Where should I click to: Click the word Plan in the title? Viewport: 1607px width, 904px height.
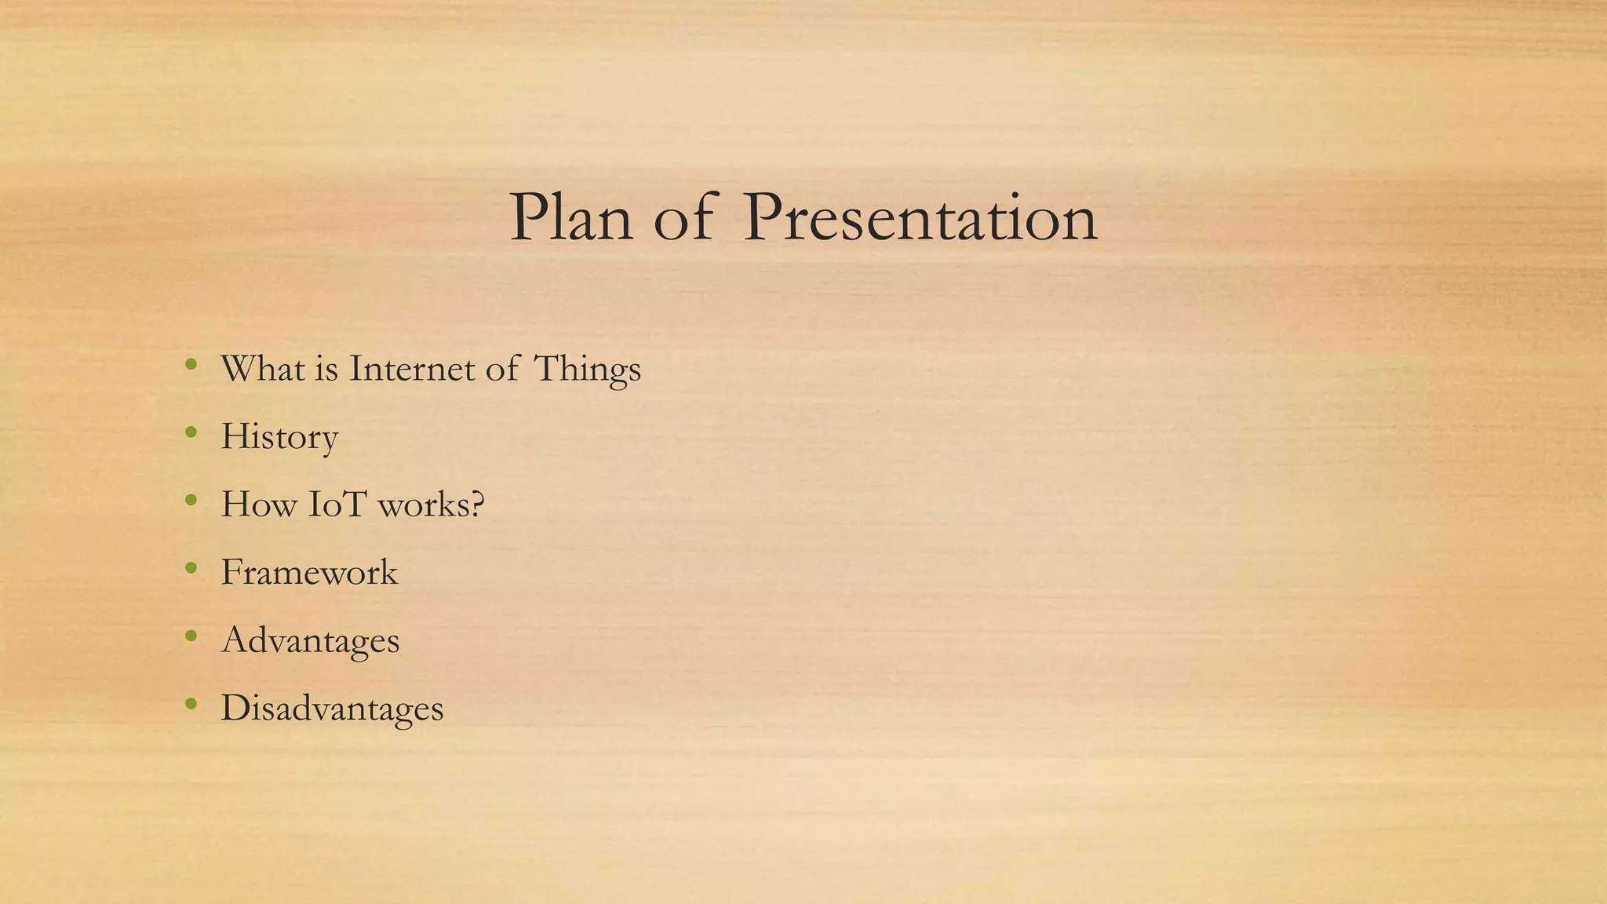571,218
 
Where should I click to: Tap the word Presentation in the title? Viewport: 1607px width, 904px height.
920,218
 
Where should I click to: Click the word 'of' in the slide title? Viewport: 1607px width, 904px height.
684,218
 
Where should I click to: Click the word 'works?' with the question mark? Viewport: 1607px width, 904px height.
432,505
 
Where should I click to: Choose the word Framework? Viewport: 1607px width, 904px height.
309,572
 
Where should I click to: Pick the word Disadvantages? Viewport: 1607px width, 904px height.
332,708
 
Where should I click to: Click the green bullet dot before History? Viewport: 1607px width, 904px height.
191,432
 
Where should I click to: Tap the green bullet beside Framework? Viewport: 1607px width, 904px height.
191,568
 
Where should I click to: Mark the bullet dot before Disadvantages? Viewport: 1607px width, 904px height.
191,704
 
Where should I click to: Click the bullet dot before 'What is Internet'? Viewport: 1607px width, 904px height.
191,364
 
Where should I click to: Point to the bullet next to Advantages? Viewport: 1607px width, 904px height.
191,636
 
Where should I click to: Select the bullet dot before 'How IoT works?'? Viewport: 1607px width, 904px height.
191,500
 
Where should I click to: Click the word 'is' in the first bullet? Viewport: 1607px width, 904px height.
326,369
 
